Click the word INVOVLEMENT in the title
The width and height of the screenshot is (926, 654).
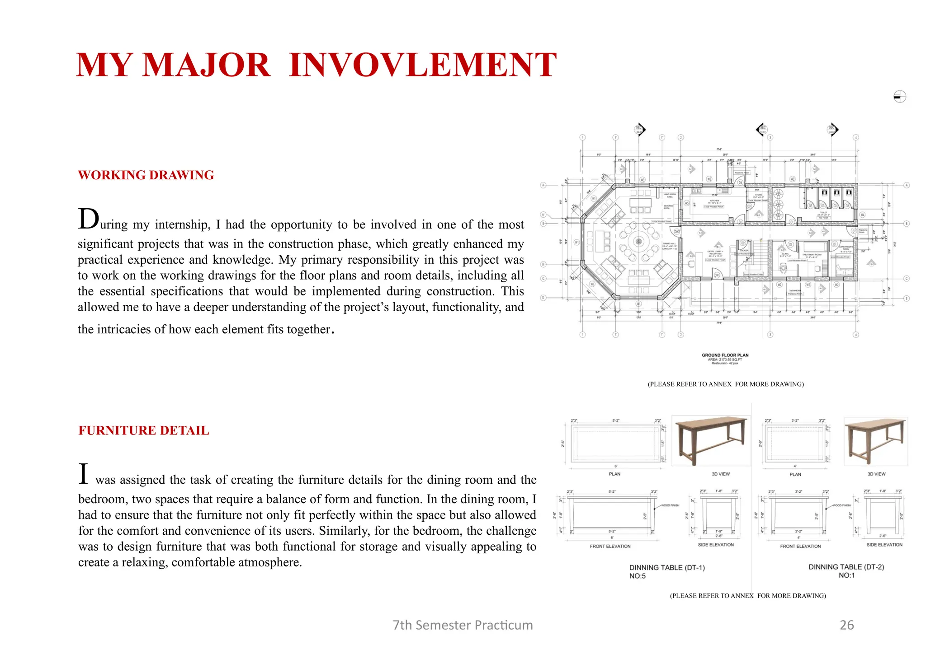coord(422,65)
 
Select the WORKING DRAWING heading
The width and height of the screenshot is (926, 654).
coord(146,175)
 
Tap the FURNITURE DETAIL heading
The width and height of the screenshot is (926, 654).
coord(144,430)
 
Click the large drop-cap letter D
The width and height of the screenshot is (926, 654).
coord(88,219)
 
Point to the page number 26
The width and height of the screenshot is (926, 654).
coord(846,625)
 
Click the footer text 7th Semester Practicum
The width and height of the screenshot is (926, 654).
coord(463,625)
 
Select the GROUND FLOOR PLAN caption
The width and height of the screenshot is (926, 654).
coord(725,355)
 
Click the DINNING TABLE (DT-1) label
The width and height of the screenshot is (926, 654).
coord(667,568)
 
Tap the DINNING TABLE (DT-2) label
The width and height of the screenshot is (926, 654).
coord(846,567)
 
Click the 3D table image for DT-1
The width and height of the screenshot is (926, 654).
coord(711,440)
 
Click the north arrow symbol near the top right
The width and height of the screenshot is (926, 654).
coord(900,97)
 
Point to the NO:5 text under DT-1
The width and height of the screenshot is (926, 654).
coord(638,576)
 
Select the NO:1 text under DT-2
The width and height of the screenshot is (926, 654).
coord(846,575)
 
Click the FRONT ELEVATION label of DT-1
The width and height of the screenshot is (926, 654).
coord(610,547)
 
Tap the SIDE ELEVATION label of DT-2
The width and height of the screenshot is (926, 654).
coord(884,545)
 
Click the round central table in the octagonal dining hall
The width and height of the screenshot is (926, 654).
coord(638,242)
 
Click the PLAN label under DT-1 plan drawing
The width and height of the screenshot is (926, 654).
coord(614,474)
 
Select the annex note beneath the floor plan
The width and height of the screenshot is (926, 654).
coord(726,384)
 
